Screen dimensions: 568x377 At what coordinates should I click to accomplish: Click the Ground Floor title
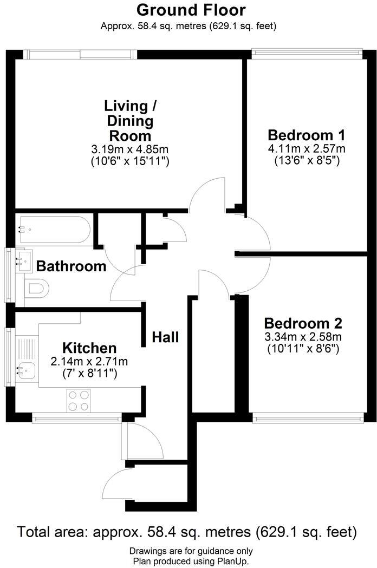tap(191, 10)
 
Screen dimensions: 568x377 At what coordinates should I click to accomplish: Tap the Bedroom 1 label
tap(306, 135)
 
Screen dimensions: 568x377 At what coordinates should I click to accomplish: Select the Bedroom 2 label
tap(303, 323)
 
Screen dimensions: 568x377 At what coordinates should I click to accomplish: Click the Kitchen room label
tap(89, 348)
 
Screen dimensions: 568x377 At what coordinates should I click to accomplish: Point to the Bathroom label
tap(71, 266)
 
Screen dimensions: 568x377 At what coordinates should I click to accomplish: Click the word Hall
tap(165, 337)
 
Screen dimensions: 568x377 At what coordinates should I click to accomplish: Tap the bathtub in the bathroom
tap(54, 229)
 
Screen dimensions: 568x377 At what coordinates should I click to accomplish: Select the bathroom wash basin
tap(24, 261)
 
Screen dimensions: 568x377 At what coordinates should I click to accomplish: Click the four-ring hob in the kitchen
tap(79, 401)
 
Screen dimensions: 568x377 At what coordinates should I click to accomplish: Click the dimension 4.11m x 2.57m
tap(306, 148)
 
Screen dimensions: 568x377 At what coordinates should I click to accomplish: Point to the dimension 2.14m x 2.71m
tap(89, 361)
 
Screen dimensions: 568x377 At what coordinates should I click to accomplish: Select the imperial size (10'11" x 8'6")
tap(303, 349)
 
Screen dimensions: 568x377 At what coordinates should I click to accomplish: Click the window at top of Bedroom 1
tap(307, 53)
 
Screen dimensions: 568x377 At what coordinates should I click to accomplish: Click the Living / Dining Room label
tap(129, 120)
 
